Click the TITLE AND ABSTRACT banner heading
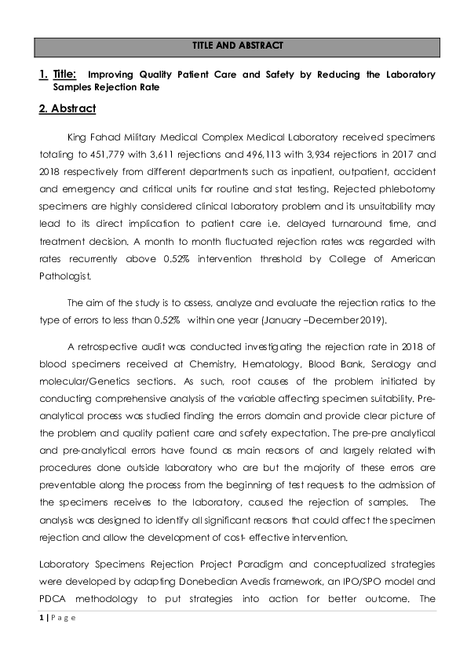(237, 46)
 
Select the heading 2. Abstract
(67, 109)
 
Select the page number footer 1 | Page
(57, 618)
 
